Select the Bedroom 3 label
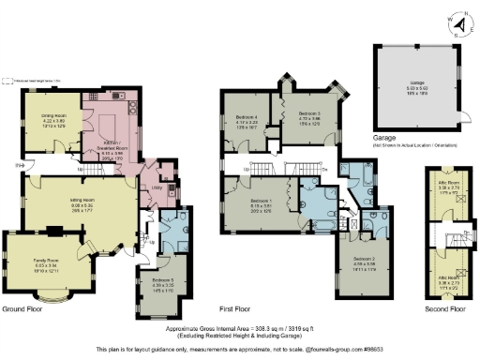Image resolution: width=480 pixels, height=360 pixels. pyautogui.click(x=308, y=116)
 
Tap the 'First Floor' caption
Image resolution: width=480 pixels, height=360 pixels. pyautogui.click(x=241, y=308)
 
